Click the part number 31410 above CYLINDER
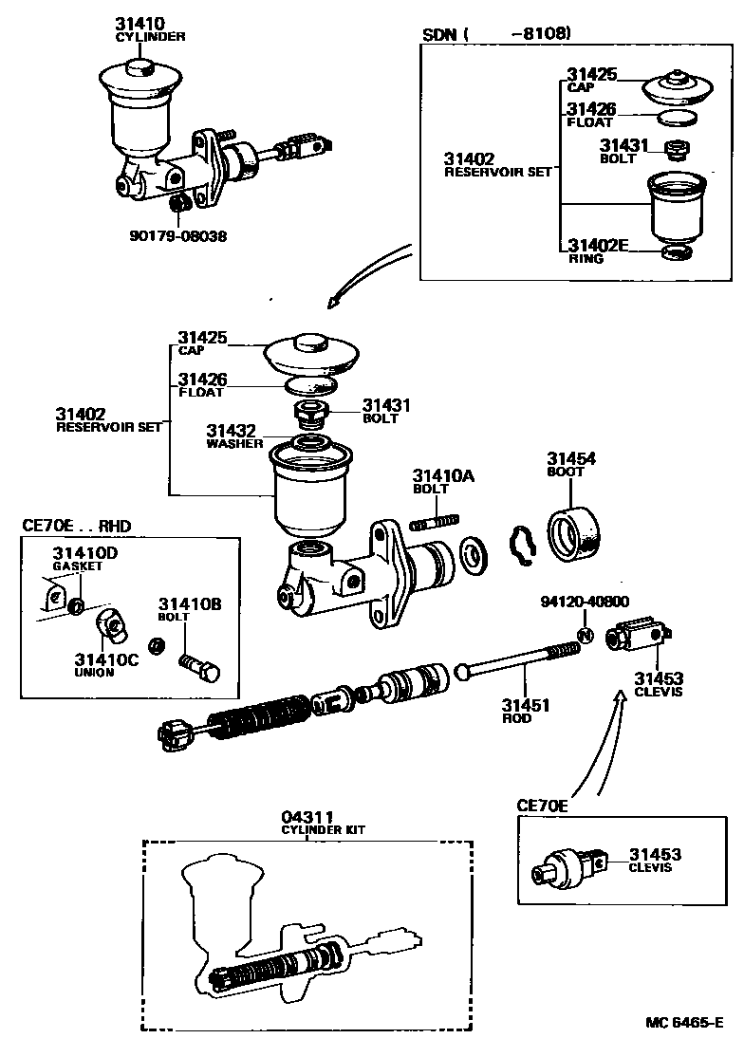point(141,23)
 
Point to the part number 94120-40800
point(585,602)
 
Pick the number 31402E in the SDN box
point(598,245)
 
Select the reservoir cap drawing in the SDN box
point(680,88)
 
